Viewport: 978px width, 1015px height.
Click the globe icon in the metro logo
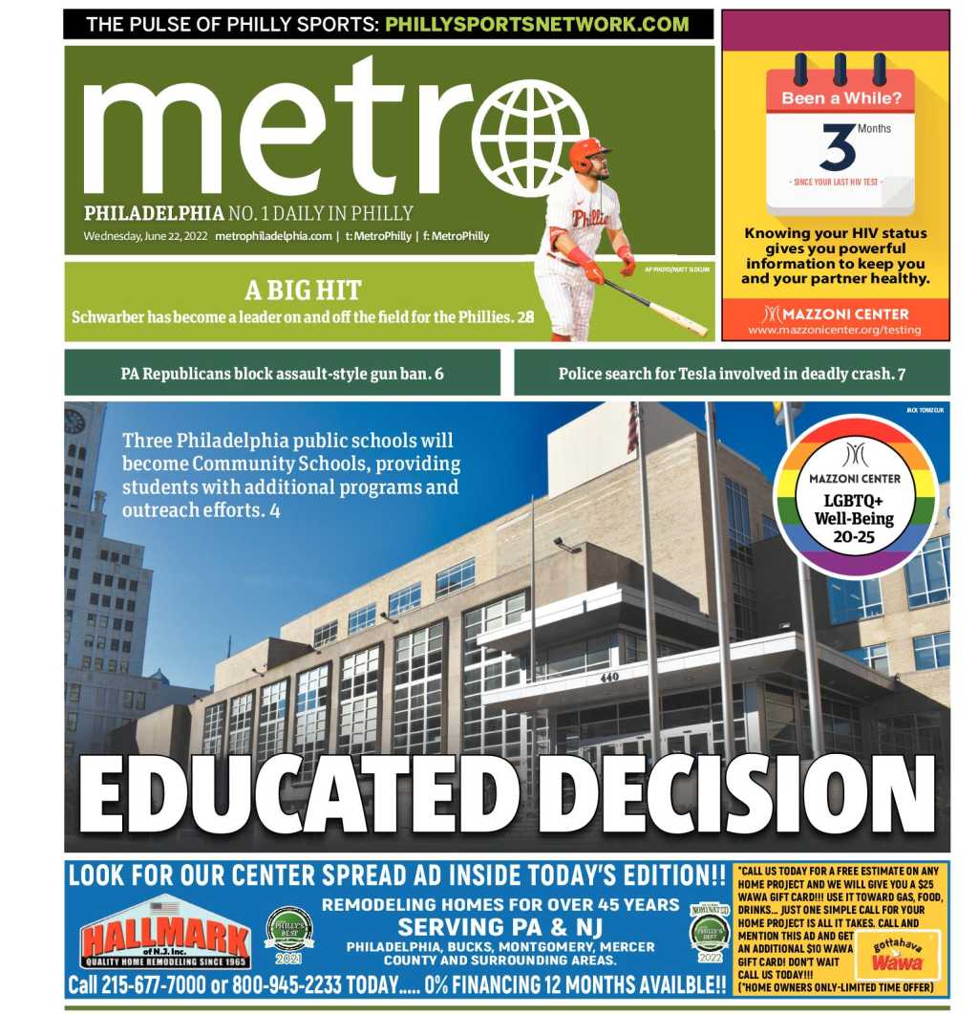[531, 138]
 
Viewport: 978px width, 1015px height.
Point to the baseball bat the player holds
[658, 307]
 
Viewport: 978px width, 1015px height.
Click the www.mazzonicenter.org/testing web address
[835, 330]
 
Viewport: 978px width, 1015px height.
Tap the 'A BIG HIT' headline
[303, 290]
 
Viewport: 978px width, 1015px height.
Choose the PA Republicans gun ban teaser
[282, 374]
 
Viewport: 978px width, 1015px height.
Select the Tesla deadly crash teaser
[732, 374]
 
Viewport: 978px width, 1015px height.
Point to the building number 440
[609, 677]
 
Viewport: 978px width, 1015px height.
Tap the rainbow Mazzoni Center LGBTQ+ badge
[855, 496]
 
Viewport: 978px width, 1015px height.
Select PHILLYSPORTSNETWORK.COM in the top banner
[537, 24]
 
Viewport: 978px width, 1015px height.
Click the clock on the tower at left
[74, 421]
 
